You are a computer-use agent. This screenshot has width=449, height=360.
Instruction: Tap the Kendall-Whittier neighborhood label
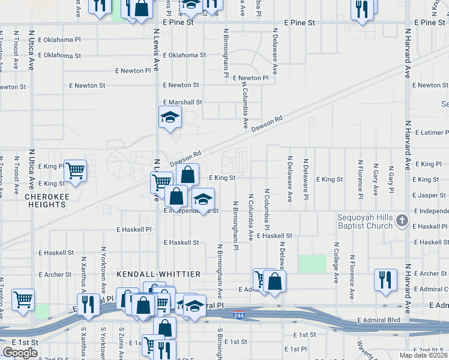(158, 274)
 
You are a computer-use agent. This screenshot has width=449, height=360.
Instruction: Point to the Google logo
(20, 352)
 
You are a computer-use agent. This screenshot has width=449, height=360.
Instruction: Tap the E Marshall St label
(182, 103)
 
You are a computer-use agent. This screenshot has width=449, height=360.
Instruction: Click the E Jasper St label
(429, 196)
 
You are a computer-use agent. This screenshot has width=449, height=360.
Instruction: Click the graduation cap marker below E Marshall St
(170, 117)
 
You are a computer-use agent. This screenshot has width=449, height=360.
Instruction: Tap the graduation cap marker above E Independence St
(203, 199)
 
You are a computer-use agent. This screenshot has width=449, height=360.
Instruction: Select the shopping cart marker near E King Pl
(75, 171)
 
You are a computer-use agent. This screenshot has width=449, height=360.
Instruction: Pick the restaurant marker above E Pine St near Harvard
(362, 9)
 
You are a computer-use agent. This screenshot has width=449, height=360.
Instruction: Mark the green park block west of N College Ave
(312, 264)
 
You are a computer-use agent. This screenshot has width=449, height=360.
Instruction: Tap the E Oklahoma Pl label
(58, 40)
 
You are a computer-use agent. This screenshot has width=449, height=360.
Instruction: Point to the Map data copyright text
(424, 355)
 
